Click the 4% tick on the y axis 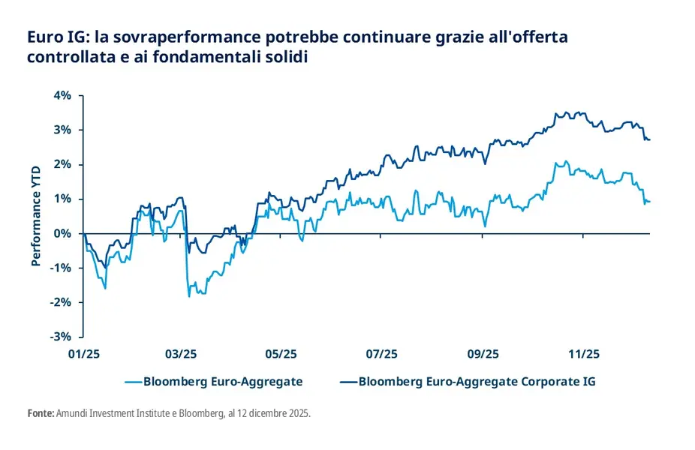61,95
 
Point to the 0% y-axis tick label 61,233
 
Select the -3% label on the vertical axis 59,337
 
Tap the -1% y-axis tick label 59,268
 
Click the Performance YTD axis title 35,216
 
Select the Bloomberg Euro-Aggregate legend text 223,382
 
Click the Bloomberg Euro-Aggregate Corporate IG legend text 477,382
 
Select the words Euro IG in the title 51,36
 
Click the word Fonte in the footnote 40,413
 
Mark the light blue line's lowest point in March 189,296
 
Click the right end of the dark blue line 649,139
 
